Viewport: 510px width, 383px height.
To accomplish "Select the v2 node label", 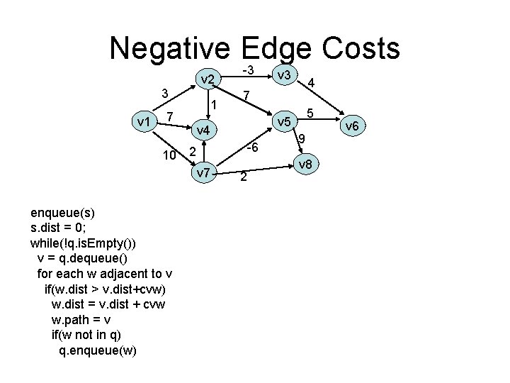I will (207, 81).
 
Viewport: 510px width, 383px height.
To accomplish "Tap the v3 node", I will (286, 75).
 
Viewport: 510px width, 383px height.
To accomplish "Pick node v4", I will (203, 131).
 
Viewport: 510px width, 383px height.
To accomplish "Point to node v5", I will (285, 123).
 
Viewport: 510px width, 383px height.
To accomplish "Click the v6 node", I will (352, 126).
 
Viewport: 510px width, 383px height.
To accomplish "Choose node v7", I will (203, 172).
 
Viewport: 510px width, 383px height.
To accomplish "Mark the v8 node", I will (305, 165).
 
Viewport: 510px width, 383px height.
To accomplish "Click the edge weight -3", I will (248, 70).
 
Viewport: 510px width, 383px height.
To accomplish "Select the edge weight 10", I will (169, 155).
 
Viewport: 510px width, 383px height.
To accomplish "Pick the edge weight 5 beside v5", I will (310, 113).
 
